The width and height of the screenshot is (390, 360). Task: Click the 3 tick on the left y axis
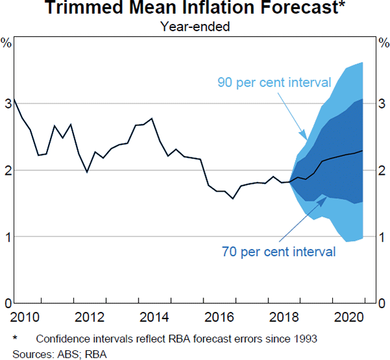pyautogui.click(x=6, y=103)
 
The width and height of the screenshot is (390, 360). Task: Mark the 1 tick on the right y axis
pyautogui.click(x=384, y=237)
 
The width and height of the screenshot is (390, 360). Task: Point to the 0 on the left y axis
pyautogui.click(x=6, y=303)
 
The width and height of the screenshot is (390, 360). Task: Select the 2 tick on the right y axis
pyautogui.click(x=384, y=170)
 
